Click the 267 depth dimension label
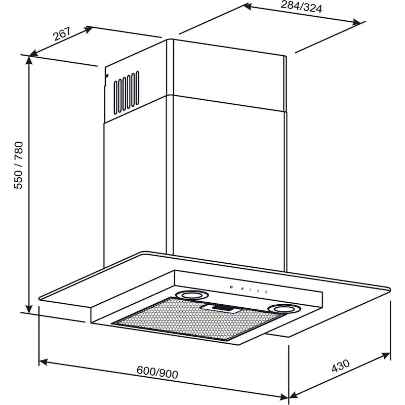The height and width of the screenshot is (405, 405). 61,35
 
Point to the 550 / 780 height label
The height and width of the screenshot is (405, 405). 19,166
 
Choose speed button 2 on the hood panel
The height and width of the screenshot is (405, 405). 258,291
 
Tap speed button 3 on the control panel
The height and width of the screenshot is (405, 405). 266,292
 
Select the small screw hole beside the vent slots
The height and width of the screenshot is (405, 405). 107,76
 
